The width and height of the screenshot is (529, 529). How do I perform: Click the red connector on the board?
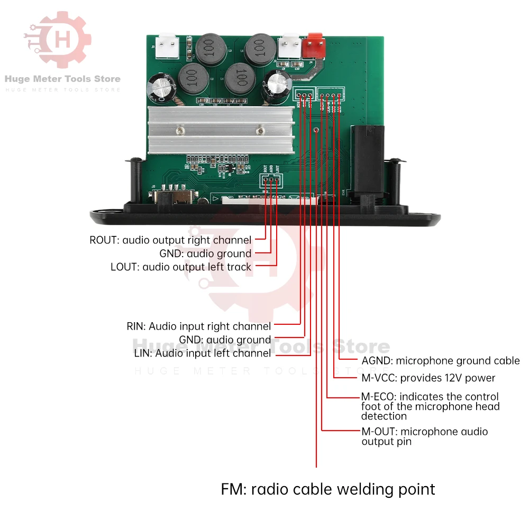pos(315,44)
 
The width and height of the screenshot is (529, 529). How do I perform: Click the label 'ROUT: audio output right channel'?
pos(170,240)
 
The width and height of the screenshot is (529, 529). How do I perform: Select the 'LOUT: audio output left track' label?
pos(181,267)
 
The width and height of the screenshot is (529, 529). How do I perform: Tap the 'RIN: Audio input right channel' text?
pos(198,326)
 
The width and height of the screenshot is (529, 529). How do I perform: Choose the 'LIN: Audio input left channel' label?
pos(203,353)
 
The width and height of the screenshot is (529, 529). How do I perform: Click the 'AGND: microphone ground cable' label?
pos(441,361)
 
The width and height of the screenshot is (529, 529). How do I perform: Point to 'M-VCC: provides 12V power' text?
pos(428,378)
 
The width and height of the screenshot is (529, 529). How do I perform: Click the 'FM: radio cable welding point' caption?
pos(328,489)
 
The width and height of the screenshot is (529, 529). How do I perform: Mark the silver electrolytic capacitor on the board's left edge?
pos(161,88)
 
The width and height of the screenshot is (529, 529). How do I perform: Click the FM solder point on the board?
pos(316,130)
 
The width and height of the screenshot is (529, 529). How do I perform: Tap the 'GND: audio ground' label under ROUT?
pos(205,253)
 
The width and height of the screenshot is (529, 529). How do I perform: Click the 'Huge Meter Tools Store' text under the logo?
pos(62,79)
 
